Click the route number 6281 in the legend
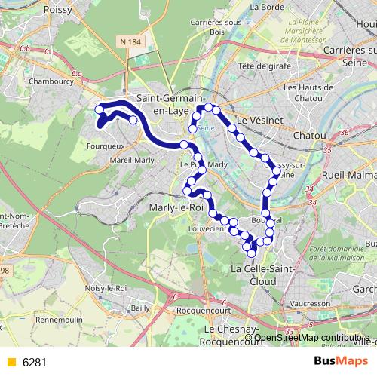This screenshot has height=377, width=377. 35,362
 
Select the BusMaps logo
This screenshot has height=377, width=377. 339,361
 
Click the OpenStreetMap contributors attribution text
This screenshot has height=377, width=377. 311,337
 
